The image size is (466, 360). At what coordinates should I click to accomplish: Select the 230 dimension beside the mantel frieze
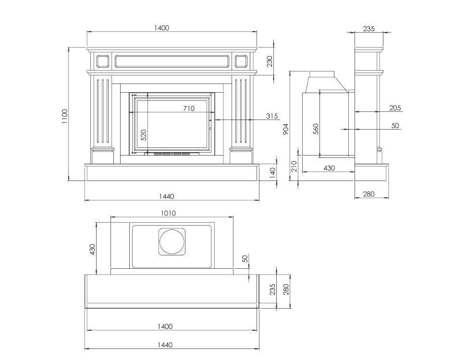point(270,61)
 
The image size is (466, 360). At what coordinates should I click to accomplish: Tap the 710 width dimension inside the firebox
point(189,108)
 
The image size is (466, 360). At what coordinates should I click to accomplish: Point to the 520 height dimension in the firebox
point(143,135)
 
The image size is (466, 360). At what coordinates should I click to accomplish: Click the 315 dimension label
point(272,116)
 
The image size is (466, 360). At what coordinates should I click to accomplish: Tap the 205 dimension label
point(395,108)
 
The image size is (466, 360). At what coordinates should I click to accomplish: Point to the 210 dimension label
point(294,167)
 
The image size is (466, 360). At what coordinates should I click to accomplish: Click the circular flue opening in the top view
point(172,241)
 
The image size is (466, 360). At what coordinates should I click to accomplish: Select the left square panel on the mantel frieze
point(102,61)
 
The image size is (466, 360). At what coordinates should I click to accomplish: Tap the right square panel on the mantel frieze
point(241,61)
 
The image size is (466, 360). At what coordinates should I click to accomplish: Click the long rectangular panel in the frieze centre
point(172,61)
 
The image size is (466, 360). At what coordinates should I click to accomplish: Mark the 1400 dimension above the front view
point(161,28)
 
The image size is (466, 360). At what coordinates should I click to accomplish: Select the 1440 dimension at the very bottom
point(165,345)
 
